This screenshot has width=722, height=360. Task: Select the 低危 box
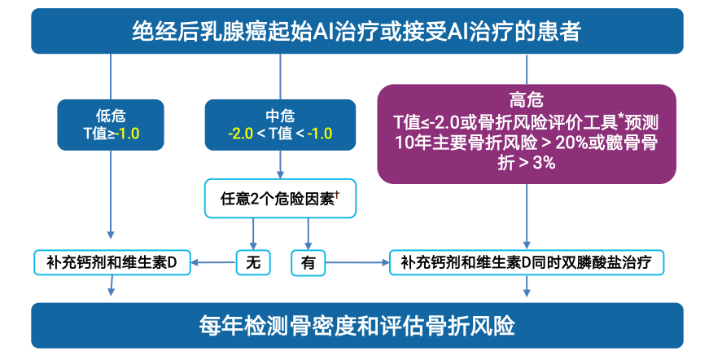pos(110,124)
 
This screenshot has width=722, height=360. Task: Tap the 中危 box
pos(280,124)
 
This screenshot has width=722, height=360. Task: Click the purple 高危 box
pos(527,132)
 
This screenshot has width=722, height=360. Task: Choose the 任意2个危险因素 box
pos(280,198)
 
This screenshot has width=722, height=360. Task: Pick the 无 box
pos(252,263)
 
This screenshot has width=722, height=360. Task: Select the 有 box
pos(308,263)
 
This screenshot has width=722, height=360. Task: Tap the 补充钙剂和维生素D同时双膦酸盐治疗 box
pos(527,262)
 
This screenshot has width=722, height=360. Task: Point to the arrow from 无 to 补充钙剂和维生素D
pos(214,262)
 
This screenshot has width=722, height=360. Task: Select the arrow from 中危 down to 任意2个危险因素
pos(280,165)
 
